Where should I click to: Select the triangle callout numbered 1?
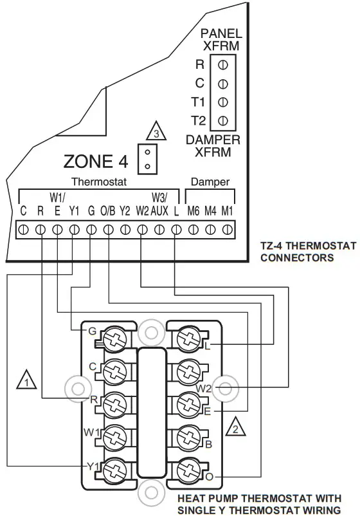click(26, 380)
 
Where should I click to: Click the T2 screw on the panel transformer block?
click(222, 120)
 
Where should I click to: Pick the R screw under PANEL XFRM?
click(222, 64)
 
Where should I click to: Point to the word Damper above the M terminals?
click(210, 183)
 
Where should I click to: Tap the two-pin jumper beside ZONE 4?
click(148, 158)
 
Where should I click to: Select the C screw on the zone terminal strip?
click(24, 228)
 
